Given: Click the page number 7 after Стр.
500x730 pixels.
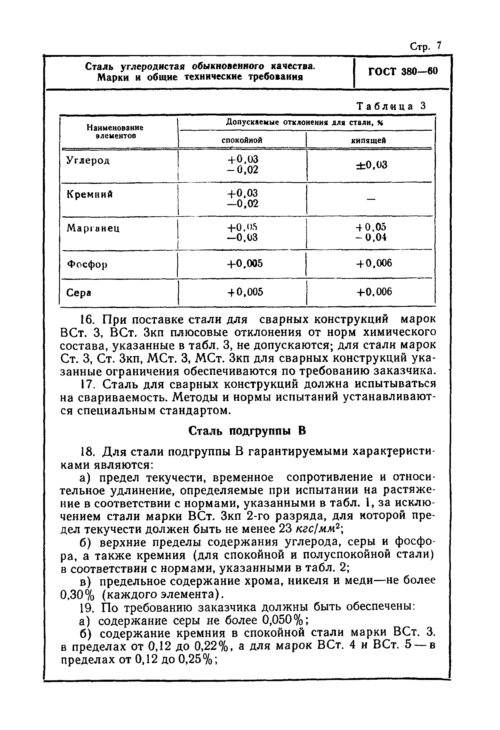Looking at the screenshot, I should (x=439, y=46).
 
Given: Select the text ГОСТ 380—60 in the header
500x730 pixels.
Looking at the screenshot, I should (x=403, y=72).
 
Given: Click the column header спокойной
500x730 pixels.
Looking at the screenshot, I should (x=242, y=140).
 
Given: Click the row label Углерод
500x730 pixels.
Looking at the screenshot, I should (x=88, y=161).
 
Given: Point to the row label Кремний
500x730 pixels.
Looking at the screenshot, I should (x=90, y=195).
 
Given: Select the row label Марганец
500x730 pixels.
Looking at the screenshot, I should (x=93, y=228).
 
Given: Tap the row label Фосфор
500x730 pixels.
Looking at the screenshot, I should (x=87, y=264).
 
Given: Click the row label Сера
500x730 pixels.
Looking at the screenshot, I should (x=79, y=293).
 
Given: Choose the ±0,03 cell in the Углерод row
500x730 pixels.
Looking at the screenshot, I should (x=371, y=165).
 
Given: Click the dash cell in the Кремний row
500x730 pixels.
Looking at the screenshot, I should (x=371, y=199).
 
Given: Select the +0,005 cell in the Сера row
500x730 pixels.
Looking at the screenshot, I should (x=245, y=292).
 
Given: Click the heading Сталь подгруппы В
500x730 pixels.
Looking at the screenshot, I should (x=247, y=431).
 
